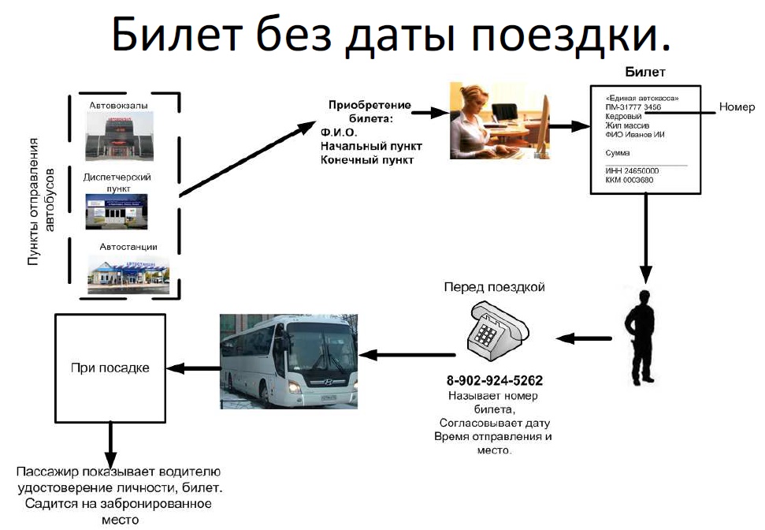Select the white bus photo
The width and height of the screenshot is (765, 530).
(289, 360)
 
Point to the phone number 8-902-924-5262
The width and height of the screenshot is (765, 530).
(495, 379)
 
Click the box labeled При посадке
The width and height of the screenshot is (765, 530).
(110, 368)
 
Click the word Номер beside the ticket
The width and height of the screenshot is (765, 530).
(736, 107)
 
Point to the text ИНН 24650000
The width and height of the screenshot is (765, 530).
(633, 170)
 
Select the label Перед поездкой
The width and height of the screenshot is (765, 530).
(494, 286)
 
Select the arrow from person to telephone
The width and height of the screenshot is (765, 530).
(584, 338)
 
